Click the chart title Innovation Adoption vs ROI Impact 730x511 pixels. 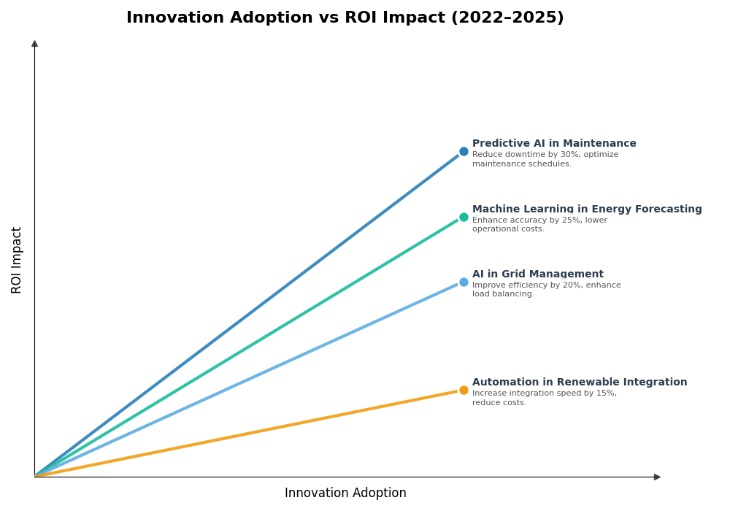click(x=345, y=18)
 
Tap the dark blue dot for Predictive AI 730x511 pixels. click(x=464, y=152)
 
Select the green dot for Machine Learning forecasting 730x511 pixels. click(x=464, y=217)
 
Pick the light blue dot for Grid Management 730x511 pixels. click(x=464, y=282)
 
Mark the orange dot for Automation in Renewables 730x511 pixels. click(x=464, y=390)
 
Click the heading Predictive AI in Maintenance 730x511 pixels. click(x=554, y=144)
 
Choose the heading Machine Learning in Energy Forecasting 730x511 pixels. click(x=587, y=210)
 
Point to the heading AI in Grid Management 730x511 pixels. click(x=537, y=274)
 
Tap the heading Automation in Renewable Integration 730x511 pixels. click(x=580, y=383)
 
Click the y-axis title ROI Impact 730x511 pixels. click(x=17, y=260)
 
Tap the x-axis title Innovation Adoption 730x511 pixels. click(x=345, y=493)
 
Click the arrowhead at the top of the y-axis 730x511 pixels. click(x=34, y=44)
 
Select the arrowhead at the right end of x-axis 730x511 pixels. click(x=657, y=477)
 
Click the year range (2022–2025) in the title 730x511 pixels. click(x=507, y=18)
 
